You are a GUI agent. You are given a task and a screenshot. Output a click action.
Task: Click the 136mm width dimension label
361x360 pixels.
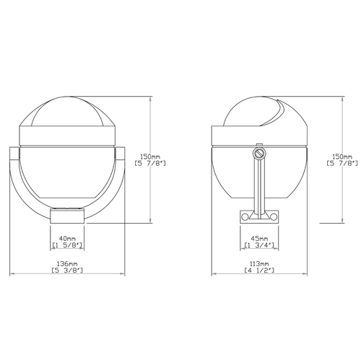pyautogui.click(x=67, y=264)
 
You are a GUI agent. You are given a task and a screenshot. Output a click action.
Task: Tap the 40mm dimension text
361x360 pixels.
pyautogui.click(x=67, y=239)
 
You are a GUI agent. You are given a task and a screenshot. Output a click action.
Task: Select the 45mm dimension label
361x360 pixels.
pyautogui.click(x=259, y=239)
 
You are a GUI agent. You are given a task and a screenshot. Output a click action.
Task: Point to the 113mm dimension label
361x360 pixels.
pyautogui.click(x=259, y=264)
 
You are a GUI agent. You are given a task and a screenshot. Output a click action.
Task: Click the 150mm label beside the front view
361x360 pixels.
pyautogui.click(x=150, y=157)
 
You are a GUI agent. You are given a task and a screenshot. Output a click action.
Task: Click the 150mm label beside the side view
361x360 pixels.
pyautogui.click(x=342, y=157)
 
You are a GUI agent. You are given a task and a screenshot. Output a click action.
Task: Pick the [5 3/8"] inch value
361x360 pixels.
pyautogui.click(x=67, y=271)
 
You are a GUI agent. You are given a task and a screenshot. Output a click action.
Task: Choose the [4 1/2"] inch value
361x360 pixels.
pyautogui.click(x=259, y=271)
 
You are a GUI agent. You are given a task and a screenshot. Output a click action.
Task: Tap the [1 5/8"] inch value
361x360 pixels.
pyautogui.click(x=67, y=245)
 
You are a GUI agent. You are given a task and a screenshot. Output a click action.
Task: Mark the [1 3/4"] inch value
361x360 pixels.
pyautogui.click(x=259, y=245)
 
